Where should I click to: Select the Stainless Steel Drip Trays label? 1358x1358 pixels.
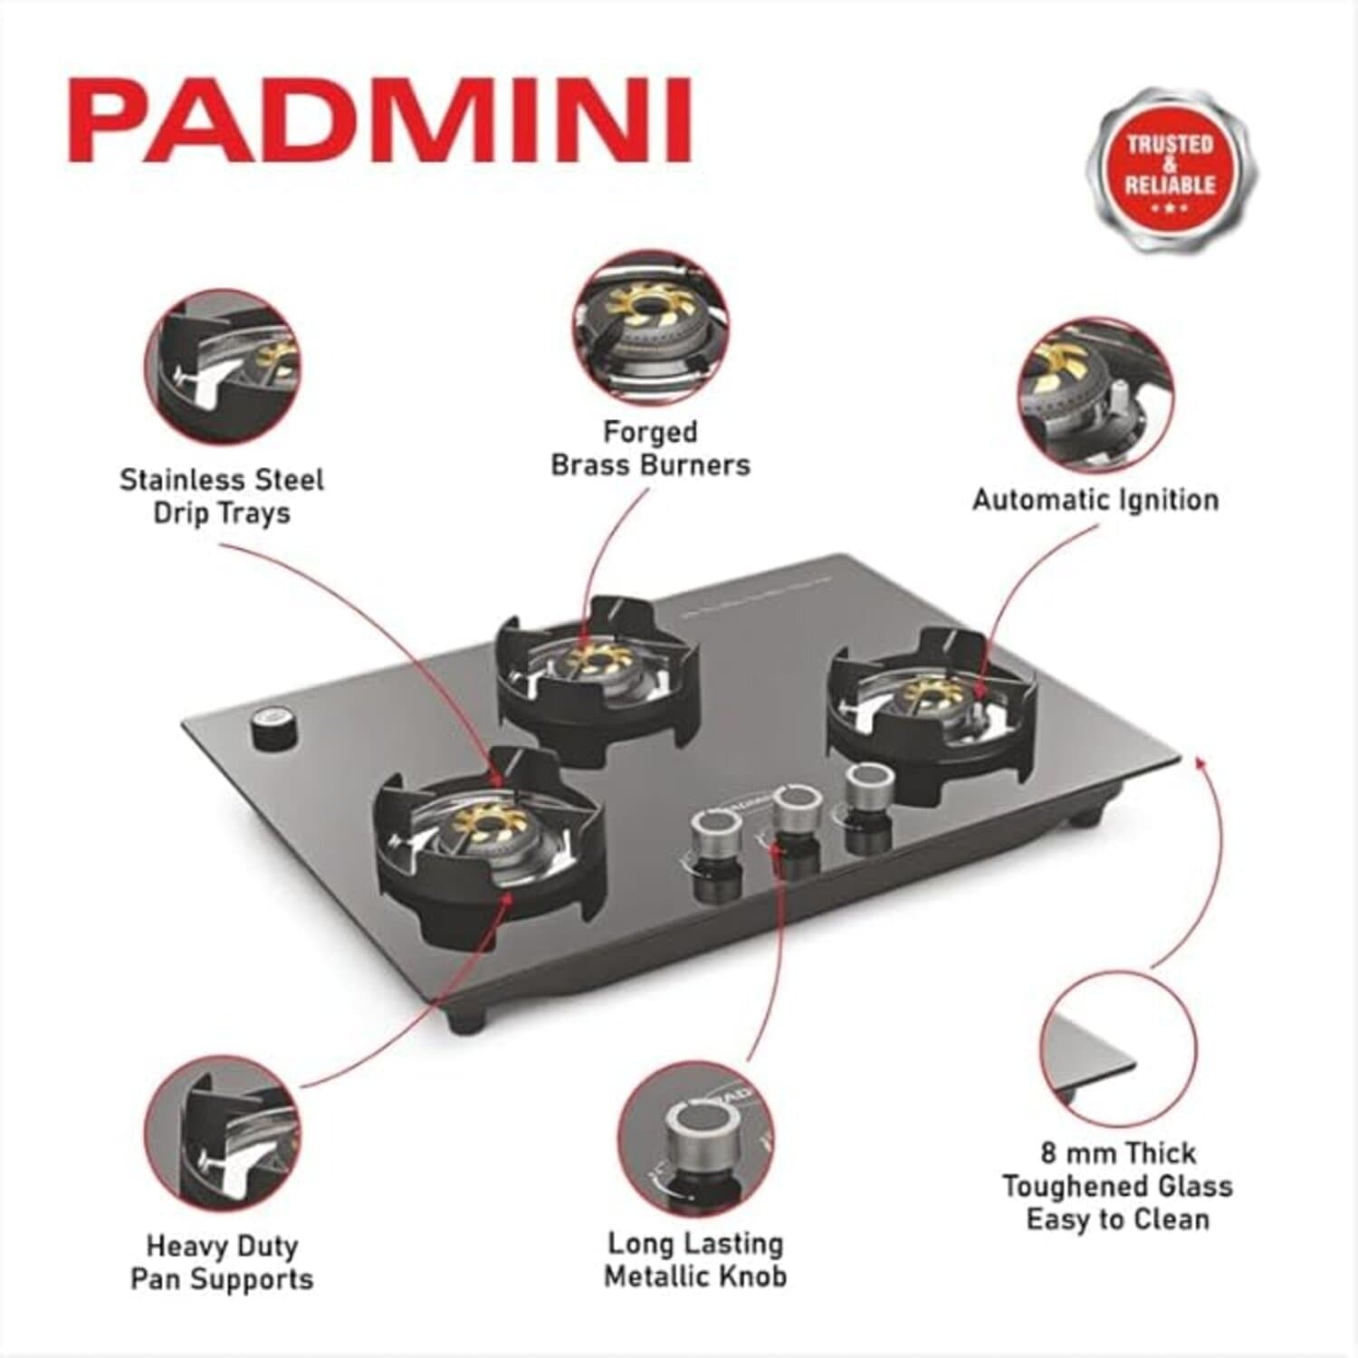tap(222, 495)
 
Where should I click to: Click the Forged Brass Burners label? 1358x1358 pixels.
tap(650, 448)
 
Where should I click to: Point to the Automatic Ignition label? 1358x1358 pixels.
tap(1095, 500)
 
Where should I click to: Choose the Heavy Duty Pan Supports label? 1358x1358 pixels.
tap(222, 1262)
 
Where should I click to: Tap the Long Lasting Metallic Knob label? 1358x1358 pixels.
tap(694, 1259)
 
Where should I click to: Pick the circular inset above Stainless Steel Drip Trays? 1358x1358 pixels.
tap(223, 368)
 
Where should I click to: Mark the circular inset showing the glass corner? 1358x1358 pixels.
tap(1117, 1050)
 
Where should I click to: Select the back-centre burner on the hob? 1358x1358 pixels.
tap(598, 665)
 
